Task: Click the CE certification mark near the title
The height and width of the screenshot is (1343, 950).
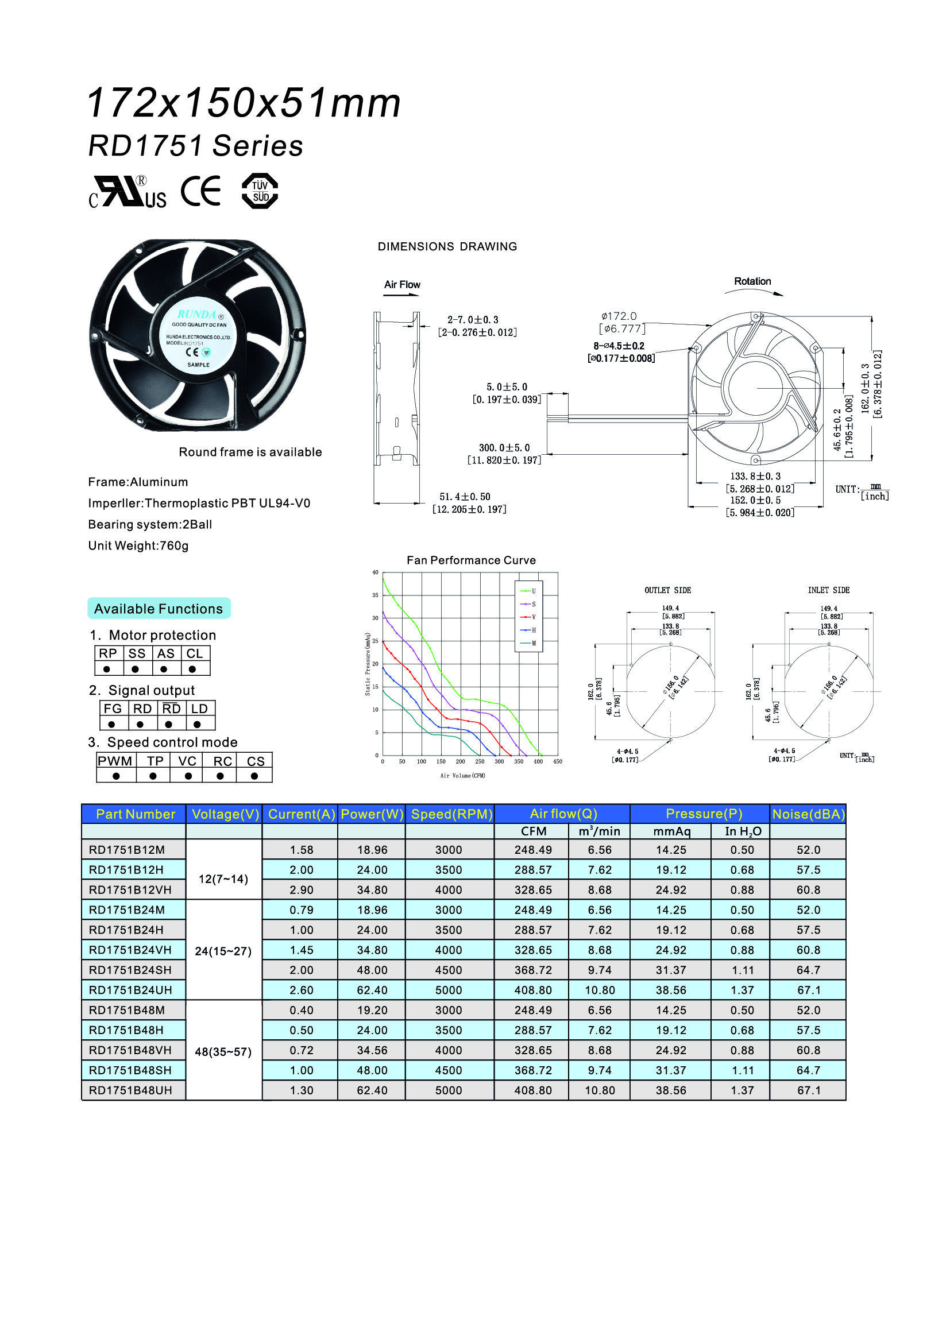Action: [200, 191]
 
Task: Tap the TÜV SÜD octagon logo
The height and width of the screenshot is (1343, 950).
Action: [260, 191]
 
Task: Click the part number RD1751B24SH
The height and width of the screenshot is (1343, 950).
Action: [130, 970]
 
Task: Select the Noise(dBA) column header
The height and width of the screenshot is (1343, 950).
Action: [808, 814]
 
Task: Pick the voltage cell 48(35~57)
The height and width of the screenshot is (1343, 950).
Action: [223, 1051]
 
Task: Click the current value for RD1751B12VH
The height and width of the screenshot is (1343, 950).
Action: [302, 889]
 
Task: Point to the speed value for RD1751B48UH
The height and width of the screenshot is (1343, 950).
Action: [448, 1090]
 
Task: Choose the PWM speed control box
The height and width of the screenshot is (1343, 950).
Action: [115, 761]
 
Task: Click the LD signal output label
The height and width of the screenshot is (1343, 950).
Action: [199, 709]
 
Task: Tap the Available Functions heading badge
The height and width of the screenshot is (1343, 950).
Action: [159, 608]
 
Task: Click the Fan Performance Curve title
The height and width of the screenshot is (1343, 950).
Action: [471, 560]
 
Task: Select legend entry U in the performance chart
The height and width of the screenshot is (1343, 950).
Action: [530, 591]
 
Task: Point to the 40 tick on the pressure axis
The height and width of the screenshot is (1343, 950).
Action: [375, 572]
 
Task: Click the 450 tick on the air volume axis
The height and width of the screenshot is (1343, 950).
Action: [558, 761]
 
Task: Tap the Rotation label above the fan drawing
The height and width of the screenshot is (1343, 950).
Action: [752, 281]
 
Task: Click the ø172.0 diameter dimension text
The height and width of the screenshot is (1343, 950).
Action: [619, 316]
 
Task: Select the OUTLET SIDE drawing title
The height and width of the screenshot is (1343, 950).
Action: [667, 590]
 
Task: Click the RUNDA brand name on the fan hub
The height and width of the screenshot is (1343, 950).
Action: [196, 314]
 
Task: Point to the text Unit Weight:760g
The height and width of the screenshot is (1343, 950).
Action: [138, 545]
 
